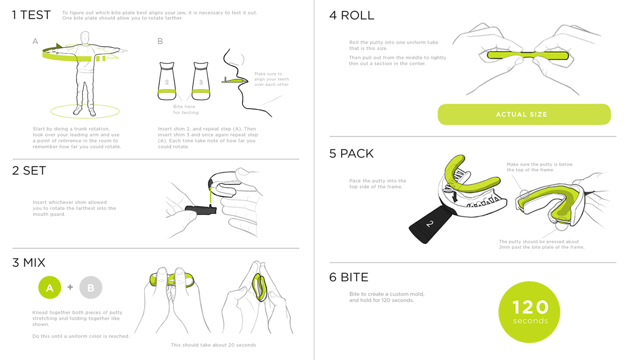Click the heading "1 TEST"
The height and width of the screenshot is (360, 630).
tap(31, 15)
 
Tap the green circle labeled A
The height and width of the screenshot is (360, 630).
tap(49, 288)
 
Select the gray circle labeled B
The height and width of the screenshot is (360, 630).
tap(90, 288)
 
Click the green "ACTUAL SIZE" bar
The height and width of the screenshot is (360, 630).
tap(524, 114)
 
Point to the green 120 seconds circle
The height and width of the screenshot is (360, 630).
tap(529, 312)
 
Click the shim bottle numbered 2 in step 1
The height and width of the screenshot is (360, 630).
tap(167, 81)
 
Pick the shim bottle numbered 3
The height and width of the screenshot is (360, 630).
tap(201, 81)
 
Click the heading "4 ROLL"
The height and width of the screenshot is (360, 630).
tap(351, 15)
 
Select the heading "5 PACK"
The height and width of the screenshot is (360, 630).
tap(351, 153)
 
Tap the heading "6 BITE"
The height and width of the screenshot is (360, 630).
tap(349, 277)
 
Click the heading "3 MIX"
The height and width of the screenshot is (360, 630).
tap(29, 262)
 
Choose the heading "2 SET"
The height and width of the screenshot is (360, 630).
tap(29, 171)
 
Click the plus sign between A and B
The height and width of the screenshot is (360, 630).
tap(70, 287)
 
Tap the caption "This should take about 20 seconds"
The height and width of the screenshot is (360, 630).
tap(213, 345)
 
